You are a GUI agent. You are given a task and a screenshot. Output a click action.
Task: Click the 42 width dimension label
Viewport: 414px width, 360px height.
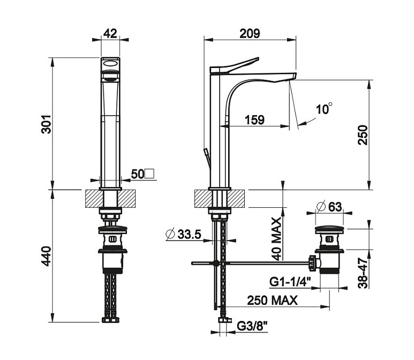coord(110,34)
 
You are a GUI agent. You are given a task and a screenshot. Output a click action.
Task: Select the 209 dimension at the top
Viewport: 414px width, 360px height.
coord(250,33)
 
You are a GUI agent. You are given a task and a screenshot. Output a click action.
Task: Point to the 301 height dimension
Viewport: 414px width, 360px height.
coord(47,124)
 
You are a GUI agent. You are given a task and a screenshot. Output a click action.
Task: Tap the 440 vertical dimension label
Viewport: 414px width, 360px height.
coord(46,256)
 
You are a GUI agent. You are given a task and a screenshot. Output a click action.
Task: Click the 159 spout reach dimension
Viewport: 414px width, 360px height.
coord(254,119)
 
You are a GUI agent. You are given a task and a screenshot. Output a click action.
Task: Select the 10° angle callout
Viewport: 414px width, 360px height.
coord(324,109)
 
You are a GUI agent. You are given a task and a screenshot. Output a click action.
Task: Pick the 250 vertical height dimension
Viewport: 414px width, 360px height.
coord(363,135)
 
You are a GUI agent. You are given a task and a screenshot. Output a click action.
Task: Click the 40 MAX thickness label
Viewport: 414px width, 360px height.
coord(276,238)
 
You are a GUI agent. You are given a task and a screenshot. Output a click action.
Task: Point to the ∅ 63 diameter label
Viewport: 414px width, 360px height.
coord(329,207)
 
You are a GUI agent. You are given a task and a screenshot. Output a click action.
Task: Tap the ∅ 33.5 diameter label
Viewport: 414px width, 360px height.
coord(184,234)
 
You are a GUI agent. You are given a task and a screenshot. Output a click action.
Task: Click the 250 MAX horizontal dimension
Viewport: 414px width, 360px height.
coord(272,301)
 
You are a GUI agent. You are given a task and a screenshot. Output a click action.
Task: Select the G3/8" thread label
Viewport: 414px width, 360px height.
coord(252,326)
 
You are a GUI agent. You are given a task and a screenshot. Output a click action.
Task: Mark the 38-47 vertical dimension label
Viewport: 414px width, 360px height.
coord(363,273)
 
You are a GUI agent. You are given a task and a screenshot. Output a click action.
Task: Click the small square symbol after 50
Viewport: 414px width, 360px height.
coord(150,174)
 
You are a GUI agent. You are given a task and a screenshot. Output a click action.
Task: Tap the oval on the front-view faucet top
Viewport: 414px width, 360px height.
coord(110,63)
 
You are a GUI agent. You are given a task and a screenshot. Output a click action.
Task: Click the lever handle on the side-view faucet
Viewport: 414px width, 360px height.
coord(234,65)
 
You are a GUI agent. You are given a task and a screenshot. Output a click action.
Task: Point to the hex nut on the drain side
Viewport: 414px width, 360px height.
coord(312,263)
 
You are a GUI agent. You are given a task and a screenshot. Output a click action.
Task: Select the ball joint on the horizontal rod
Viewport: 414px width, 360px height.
coord(216,263)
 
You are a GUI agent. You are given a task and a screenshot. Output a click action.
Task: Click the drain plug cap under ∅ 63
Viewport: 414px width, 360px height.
coord(330,229)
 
